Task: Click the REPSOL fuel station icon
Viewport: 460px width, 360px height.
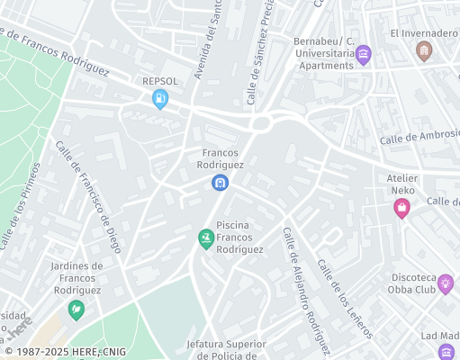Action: (160, 100)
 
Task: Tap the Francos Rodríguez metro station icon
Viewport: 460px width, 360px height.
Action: (220, 184)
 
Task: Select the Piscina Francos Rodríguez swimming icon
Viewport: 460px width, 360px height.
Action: (206, 238)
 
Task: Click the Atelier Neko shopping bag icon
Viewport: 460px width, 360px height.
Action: (401, 209)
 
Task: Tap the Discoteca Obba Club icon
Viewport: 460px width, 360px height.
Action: (445, 283)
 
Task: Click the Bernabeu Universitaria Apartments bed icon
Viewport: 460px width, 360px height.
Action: (363, 55)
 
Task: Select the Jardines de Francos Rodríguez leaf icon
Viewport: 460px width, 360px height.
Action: (77, 310)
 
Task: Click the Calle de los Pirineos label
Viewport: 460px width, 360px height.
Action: (21, 206)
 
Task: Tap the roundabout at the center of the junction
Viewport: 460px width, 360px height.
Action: (261, 123)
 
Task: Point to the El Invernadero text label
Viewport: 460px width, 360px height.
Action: (424, 33)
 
